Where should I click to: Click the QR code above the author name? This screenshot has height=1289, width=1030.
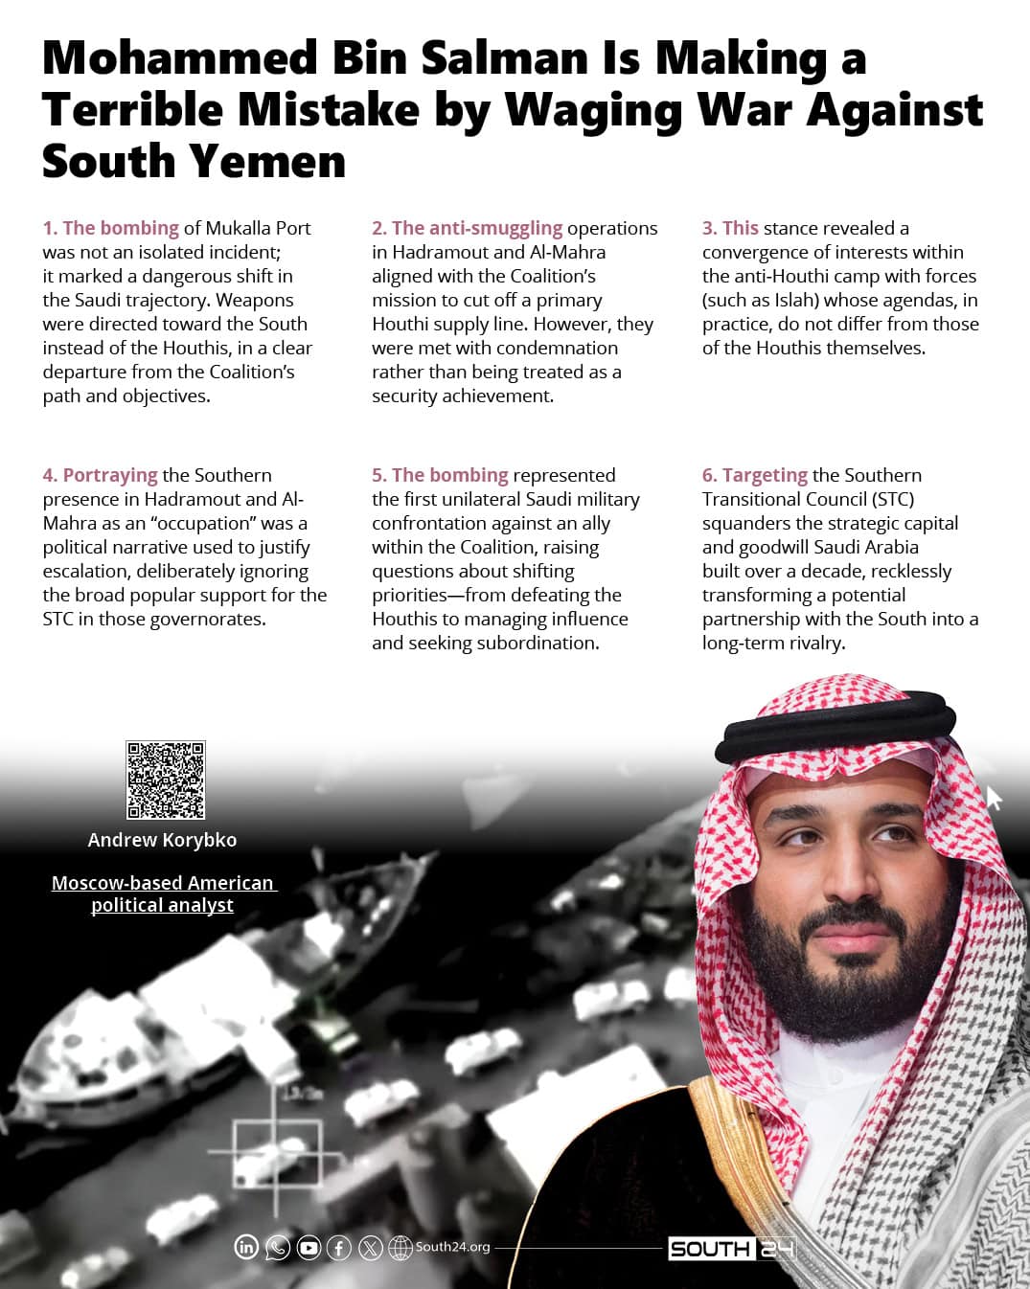click(x=166, y=780)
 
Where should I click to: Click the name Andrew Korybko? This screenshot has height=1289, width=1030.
click(x=162, y=840)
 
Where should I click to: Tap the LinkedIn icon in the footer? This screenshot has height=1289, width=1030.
click(x=246, y=1247)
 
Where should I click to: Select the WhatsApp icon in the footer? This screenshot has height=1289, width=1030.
click(x=277, y=1247)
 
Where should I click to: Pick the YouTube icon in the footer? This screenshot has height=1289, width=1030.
click(x=309, y=1248)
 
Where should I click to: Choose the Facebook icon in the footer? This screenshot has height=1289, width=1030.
click(x=339, y=1248)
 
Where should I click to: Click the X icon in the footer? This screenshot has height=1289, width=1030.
click(x=370, y=1248)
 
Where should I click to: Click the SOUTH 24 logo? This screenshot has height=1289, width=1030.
click(x=731, y=1249)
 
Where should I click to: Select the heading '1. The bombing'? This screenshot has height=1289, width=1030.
click(x=111, y=228)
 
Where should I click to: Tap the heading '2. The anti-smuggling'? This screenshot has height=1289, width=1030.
click(x=468, y=228)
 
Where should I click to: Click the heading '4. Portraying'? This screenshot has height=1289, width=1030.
click(x=101, y=475)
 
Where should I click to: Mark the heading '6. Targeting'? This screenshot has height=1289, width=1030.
click(x=755, y=475)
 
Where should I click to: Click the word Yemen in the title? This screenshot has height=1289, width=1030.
click(x=269, y=161)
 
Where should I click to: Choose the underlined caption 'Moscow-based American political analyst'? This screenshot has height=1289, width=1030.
click(x=163, y=893)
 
